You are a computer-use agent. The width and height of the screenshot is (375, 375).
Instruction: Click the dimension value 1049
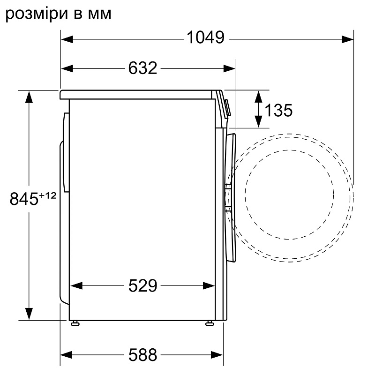pyautogui.click(x=206, y=37)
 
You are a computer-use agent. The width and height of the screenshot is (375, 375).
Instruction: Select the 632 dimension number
pyautogui.click(x=142, y=68)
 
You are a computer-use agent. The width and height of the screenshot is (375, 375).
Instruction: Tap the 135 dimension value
pyautogui.click(x=278, y=111)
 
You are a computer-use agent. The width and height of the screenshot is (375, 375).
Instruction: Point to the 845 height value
pyautogui.click(x=24, y=200)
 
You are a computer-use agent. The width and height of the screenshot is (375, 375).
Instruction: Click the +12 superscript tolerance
pyautogui.click(x=47, y=196)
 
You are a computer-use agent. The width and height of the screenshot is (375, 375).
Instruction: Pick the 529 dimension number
pyautogui.click(x=142, y=285)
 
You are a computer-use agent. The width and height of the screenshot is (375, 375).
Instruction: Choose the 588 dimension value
pyautogui.click(x=142, y=355)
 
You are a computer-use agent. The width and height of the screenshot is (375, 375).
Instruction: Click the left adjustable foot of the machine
pyautogui.click(x=74, y=323)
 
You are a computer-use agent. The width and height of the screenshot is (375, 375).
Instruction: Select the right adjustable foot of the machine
pyautogui.click(x=209, y=323)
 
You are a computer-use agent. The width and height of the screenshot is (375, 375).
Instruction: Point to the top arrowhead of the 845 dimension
pyautogui.click(x=29, y=96)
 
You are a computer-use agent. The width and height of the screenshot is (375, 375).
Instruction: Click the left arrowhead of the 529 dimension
pyautogui.click(x=75, y=285)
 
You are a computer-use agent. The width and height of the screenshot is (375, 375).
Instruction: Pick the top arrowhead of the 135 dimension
pyautogui.click(x=258, y=96)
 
